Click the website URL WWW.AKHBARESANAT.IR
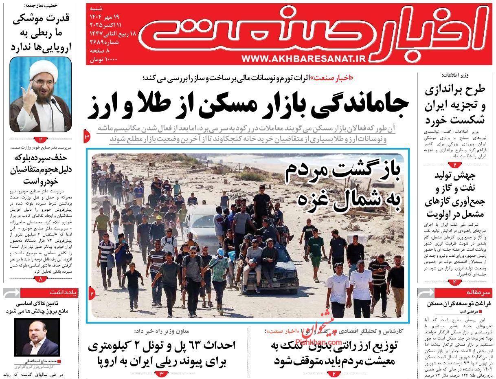(x=303, y=59)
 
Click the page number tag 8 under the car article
(x=41, y=279)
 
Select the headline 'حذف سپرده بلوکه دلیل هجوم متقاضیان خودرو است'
(x=40, y=169)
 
